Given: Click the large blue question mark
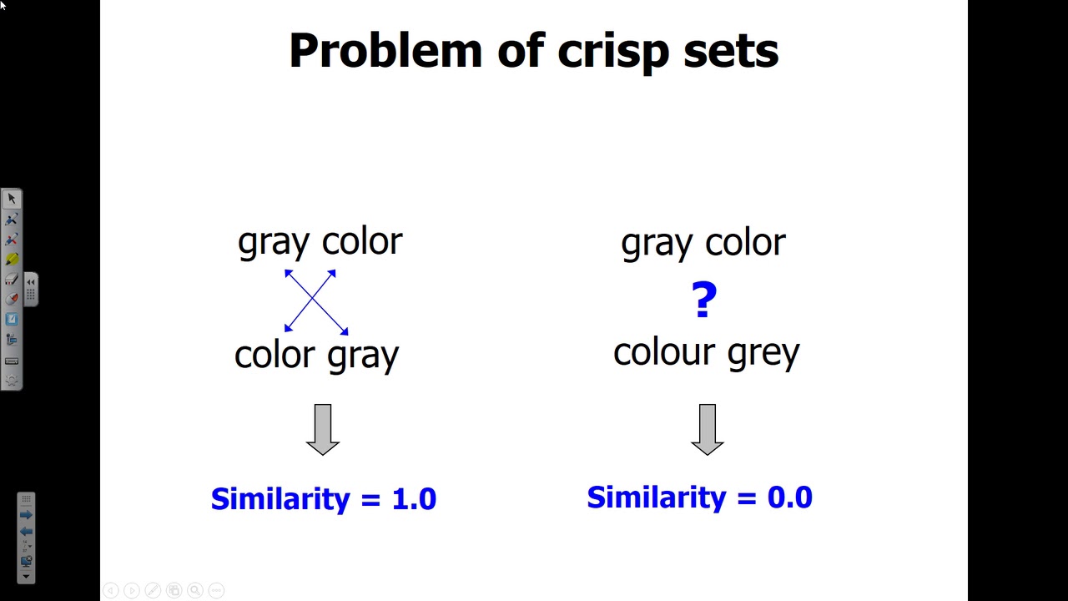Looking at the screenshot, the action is (703, 300).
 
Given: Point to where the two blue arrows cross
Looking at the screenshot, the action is (312, 299).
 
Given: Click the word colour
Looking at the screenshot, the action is (664, 352).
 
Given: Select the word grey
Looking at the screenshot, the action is (763, 355).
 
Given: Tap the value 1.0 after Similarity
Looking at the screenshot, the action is (414, 499).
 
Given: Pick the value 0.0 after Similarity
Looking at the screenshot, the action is (789, 497).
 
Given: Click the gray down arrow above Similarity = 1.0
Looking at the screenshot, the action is (323, 429).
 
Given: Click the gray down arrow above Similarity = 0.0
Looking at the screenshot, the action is (708, 429).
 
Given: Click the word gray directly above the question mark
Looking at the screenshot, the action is (657, 245).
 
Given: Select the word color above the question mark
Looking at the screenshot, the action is (745, 243).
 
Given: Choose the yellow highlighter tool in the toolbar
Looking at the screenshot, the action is (12, 259).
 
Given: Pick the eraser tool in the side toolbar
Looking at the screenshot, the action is (12, 279).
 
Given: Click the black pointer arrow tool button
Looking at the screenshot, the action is (12, 199).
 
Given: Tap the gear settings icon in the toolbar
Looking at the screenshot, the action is (12, 380).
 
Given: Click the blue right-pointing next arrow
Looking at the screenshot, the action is (26, 515).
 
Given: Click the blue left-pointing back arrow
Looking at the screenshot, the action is (26, 532).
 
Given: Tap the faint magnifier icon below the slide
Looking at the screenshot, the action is (195, 590).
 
